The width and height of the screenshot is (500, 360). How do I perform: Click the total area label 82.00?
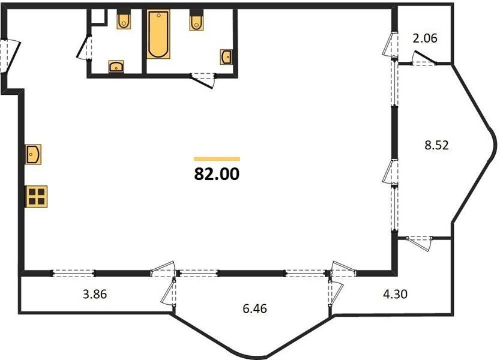(217, 174)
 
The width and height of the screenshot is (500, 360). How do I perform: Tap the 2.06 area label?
(425, 38)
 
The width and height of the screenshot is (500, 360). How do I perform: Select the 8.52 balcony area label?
(436, 145)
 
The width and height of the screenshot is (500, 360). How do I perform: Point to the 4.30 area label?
(395, 293)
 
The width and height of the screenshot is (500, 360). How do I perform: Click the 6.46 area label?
(255, 308)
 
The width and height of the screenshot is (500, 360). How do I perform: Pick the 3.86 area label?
(95, 294)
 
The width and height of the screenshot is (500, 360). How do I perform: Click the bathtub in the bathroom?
(158, 34)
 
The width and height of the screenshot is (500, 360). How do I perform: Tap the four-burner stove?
(37, 196)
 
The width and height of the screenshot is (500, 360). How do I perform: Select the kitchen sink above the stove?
(34, 154)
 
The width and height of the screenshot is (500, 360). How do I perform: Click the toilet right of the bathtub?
(197, 21)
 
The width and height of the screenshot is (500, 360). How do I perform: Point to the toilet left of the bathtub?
(124, 19)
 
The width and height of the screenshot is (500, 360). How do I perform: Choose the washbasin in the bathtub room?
(226, 57)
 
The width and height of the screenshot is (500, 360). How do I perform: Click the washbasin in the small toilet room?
(116, 67)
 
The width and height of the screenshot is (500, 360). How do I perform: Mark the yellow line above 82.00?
(217, 159)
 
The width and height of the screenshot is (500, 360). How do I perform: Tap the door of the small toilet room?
(84, 47)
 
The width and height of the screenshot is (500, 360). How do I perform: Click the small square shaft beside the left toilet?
(98, 16)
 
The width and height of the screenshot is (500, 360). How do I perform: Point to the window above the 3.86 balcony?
(74, 273)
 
